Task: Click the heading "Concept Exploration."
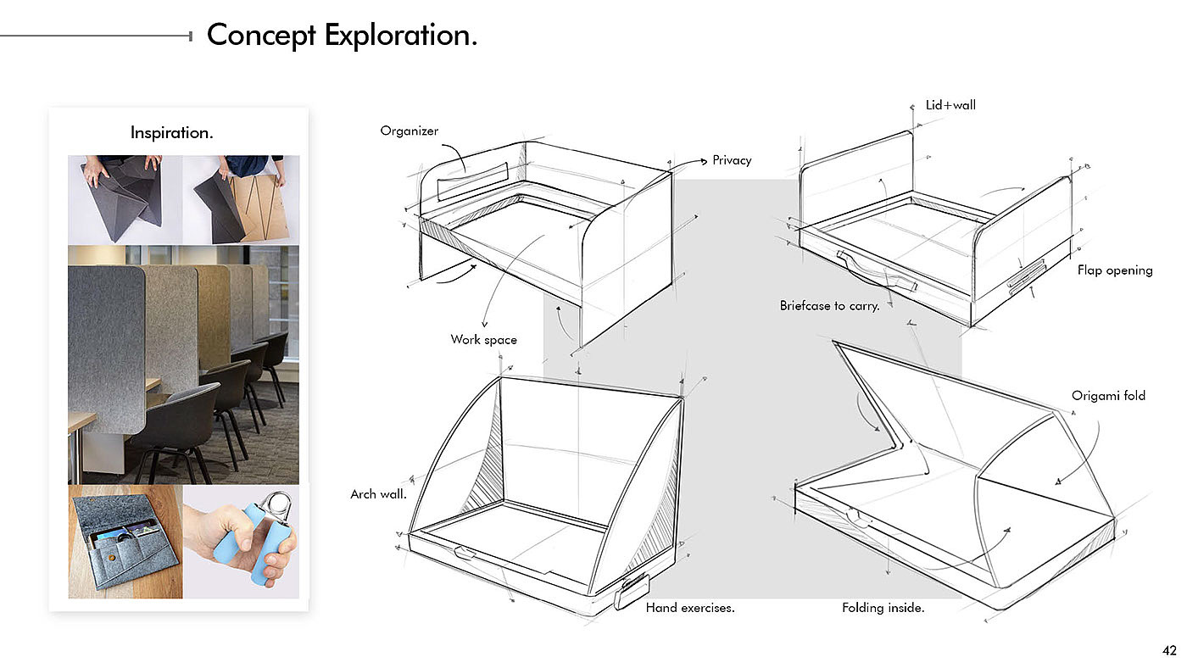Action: (x=342, y=36)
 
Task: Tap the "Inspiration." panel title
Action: (x=171, y=132)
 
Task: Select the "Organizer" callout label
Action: (x=410, y=131)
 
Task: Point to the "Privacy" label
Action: (x=732, y=160)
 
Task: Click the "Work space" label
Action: (x=483, y=340)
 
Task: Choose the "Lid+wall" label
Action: (x=950, y=106)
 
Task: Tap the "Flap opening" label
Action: (x=1115, y=270)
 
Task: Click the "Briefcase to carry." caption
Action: (x=829, y=305)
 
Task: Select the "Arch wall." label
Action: (x=378, y=493)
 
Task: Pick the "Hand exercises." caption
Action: (x=690, y=608)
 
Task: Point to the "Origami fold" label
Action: (x=1108, y=396)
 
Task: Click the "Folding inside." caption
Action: (x=883, y=608)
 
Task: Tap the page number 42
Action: (x=1169, y=651)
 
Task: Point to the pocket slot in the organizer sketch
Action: (x=471, y=179)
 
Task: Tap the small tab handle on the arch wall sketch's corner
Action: (x=633, y=590)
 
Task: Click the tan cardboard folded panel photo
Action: (x=259, y=209)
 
